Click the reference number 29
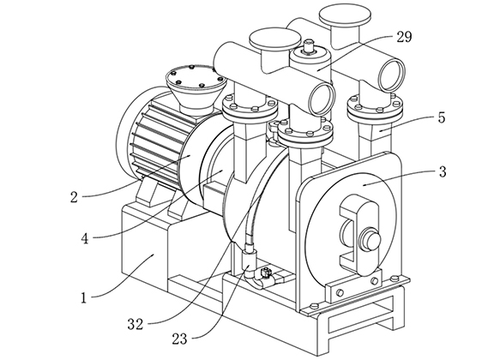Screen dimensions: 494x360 (404, 37)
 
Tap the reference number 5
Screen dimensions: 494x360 (442, 117)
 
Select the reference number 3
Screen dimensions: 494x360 (443, 172)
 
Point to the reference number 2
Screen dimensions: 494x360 (74, 197)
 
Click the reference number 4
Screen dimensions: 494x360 (85, 238)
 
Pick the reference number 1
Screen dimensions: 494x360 (83, 298)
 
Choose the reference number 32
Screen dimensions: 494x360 (136, 324)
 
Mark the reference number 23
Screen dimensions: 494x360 (179, 339)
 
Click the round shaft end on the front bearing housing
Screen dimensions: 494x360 (370, 238)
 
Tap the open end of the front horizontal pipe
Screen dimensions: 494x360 (321, 99)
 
